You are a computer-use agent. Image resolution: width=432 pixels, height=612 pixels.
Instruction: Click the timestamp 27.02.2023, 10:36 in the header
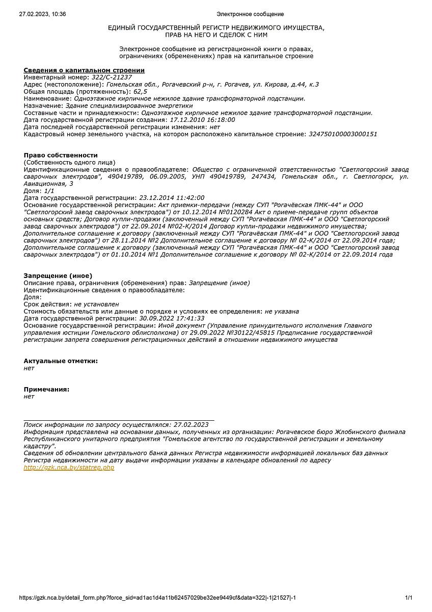pyautogui.click(x=42, y=14)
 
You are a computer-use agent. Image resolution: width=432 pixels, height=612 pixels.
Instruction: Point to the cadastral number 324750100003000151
pyautogui.click(x=343, y=134)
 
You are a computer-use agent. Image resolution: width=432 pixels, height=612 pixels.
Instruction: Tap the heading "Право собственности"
pyautogui.click(x=61, y=155)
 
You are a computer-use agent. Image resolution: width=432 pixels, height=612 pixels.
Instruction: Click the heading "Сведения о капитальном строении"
pyautogui.click(x=84, y=70)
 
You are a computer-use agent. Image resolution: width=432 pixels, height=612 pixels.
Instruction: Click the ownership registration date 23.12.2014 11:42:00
pyautogui.click(x=172, y=198)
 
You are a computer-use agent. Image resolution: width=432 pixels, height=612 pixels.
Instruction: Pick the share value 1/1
pyautogui.click(x=49, y=191)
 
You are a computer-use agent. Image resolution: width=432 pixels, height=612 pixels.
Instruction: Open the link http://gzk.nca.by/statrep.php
pyautogui.click(x=69, y=468)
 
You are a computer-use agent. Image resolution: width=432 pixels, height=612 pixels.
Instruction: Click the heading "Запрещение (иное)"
pyautogui.click(x=58, y=275)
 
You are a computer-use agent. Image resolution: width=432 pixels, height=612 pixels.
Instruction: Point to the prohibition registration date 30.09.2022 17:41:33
pyautogui.click(x=172, y=318)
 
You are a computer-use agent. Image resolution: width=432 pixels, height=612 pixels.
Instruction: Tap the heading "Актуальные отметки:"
pyautogui.click(x=61, y=361)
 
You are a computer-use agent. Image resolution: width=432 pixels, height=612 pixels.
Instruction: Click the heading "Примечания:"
pyautogui.click(x=46, y=390)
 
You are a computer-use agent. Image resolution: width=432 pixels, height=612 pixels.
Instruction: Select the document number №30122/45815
pyautogui.click(x=244, y=333)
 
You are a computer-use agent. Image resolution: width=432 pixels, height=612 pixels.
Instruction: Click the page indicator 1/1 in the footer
pyautogui.click(x=409, y=598)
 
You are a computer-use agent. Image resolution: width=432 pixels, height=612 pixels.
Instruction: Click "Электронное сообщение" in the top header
pyautogui.click(x=250, y=14)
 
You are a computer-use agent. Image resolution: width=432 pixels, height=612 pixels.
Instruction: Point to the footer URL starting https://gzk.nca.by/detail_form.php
pyautogui.click(x=157, y=598)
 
